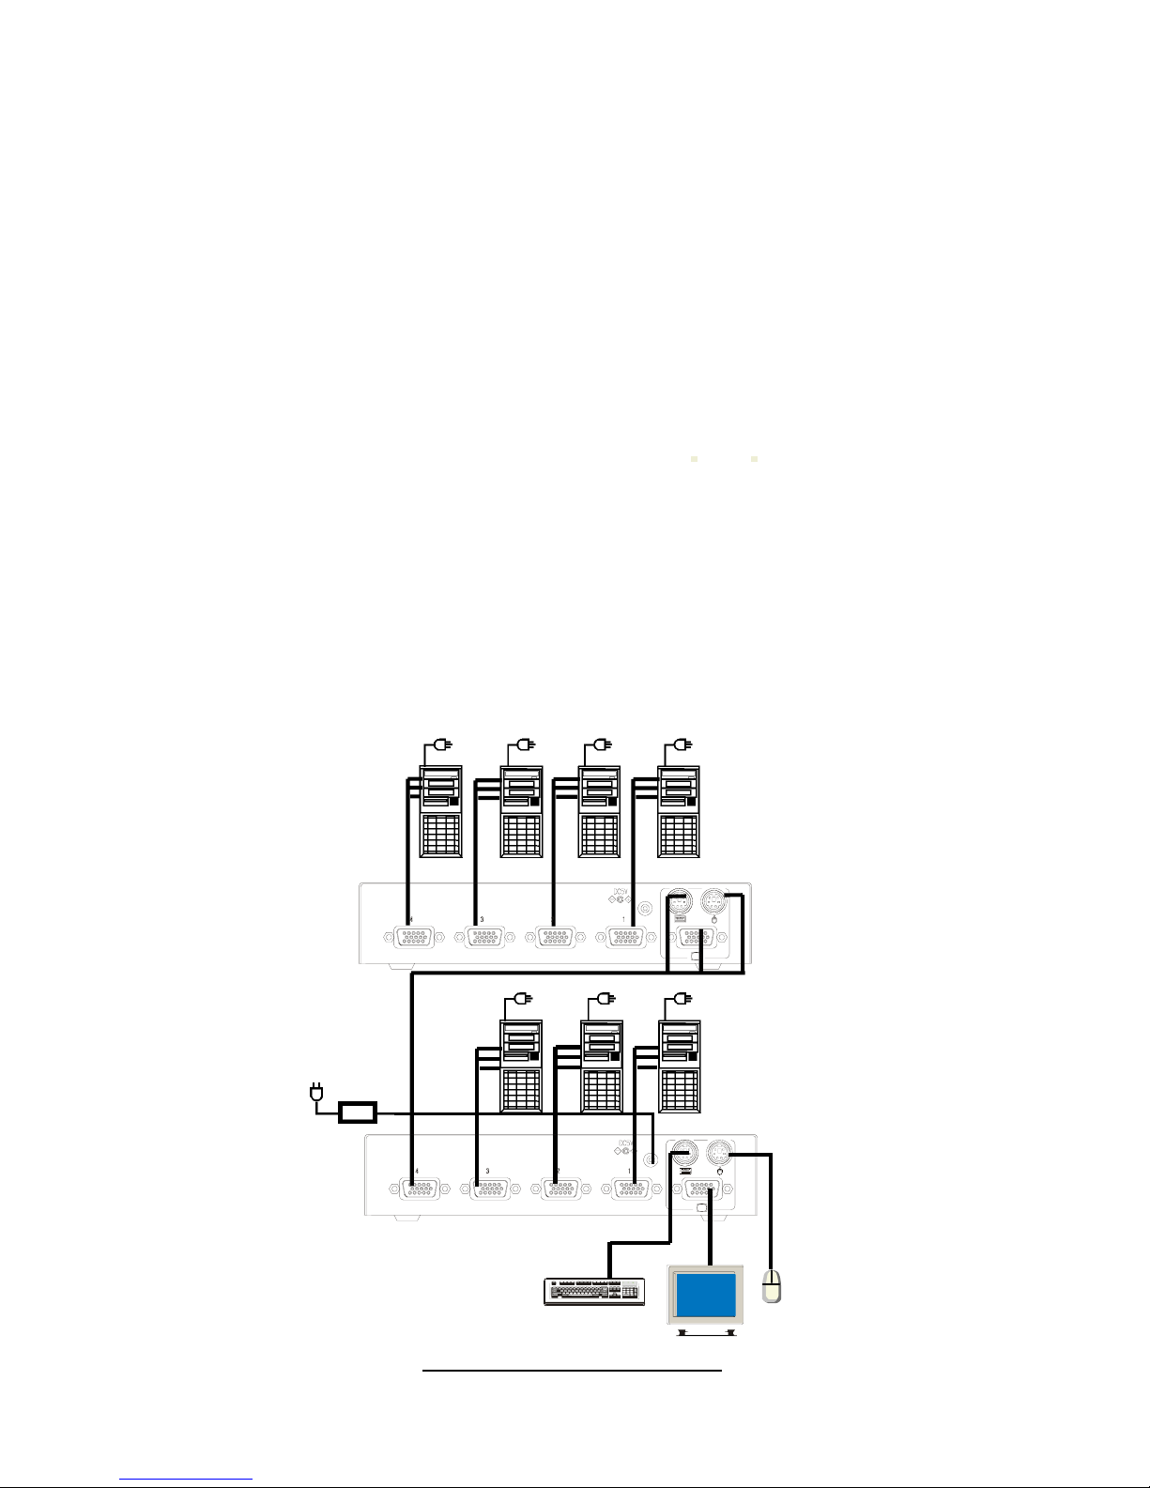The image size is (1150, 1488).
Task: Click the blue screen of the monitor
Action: click(x=706, y=1296)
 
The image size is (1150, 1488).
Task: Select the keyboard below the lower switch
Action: click(x=594, y=1292)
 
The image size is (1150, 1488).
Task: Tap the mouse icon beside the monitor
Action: click(x=772, y=1285)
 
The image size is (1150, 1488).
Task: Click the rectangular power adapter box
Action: click(x=357, y=1112)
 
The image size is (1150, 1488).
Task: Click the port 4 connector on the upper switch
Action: click(x=409, y=937)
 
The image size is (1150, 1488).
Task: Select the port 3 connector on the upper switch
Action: click(x=479, y=937)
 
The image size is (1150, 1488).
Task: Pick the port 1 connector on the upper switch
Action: click(x=625, y=937)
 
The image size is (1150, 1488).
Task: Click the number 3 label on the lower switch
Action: click(x=487, y=1171)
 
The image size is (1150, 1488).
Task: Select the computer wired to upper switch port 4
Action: click(x=440, y=811)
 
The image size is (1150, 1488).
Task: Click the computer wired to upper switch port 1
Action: click(x=678, y=811)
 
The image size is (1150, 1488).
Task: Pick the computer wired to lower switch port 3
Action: click(x=521, y=1066)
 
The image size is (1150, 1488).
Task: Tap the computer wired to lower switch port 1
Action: click(x=679, y=1066)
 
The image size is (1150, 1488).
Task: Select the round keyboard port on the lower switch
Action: click(x=683, y=1152)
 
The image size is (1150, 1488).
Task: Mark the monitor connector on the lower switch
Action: click(x=701, y=1189)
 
